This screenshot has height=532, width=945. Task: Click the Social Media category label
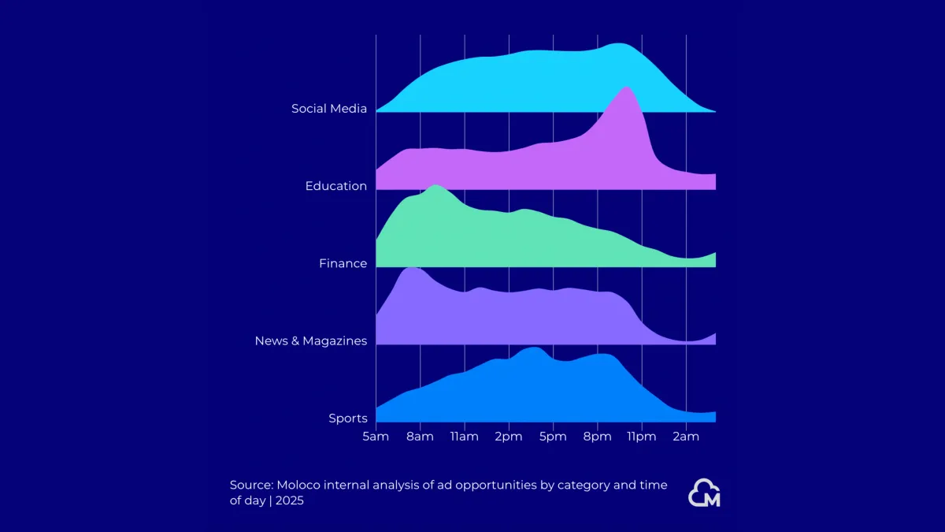click(329, 109)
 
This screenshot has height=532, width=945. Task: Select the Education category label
click(336, 186)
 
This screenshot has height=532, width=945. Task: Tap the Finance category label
click(343, 263)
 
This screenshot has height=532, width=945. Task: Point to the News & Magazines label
click(310, 340)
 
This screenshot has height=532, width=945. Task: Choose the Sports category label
click(348, 418)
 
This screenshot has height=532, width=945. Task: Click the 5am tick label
click(376, 437)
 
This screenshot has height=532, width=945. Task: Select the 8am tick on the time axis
click(420, 437)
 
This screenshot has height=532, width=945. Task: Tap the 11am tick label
click(464, 437)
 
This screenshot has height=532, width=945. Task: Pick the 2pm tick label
click(509, 437)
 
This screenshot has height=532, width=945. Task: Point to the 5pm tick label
click(553, 437)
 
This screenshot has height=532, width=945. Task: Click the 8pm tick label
click(597, 437)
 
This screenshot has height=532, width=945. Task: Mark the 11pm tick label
click(641, 437)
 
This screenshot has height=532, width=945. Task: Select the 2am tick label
click(686, 437)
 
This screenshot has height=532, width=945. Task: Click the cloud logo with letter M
click(704, 493)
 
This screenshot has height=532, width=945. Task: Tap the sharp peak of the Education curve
click(626, 89)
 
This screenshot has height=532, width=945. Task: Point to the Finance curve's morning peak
click(435, 188)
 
